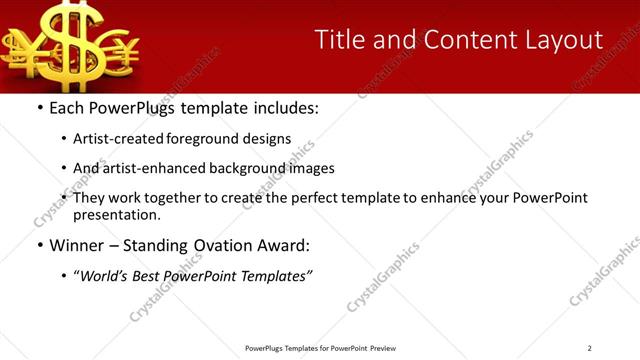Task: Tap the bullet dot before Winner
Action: pyautogui.click(x=39, y=245)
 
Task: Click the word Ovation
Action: pyautogui.click(x=216, y=245)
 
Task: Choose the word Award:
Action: pyautogui.click(x=284, y=245)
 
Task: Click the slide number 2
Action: pyautogui.click(x=589, y=348)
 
